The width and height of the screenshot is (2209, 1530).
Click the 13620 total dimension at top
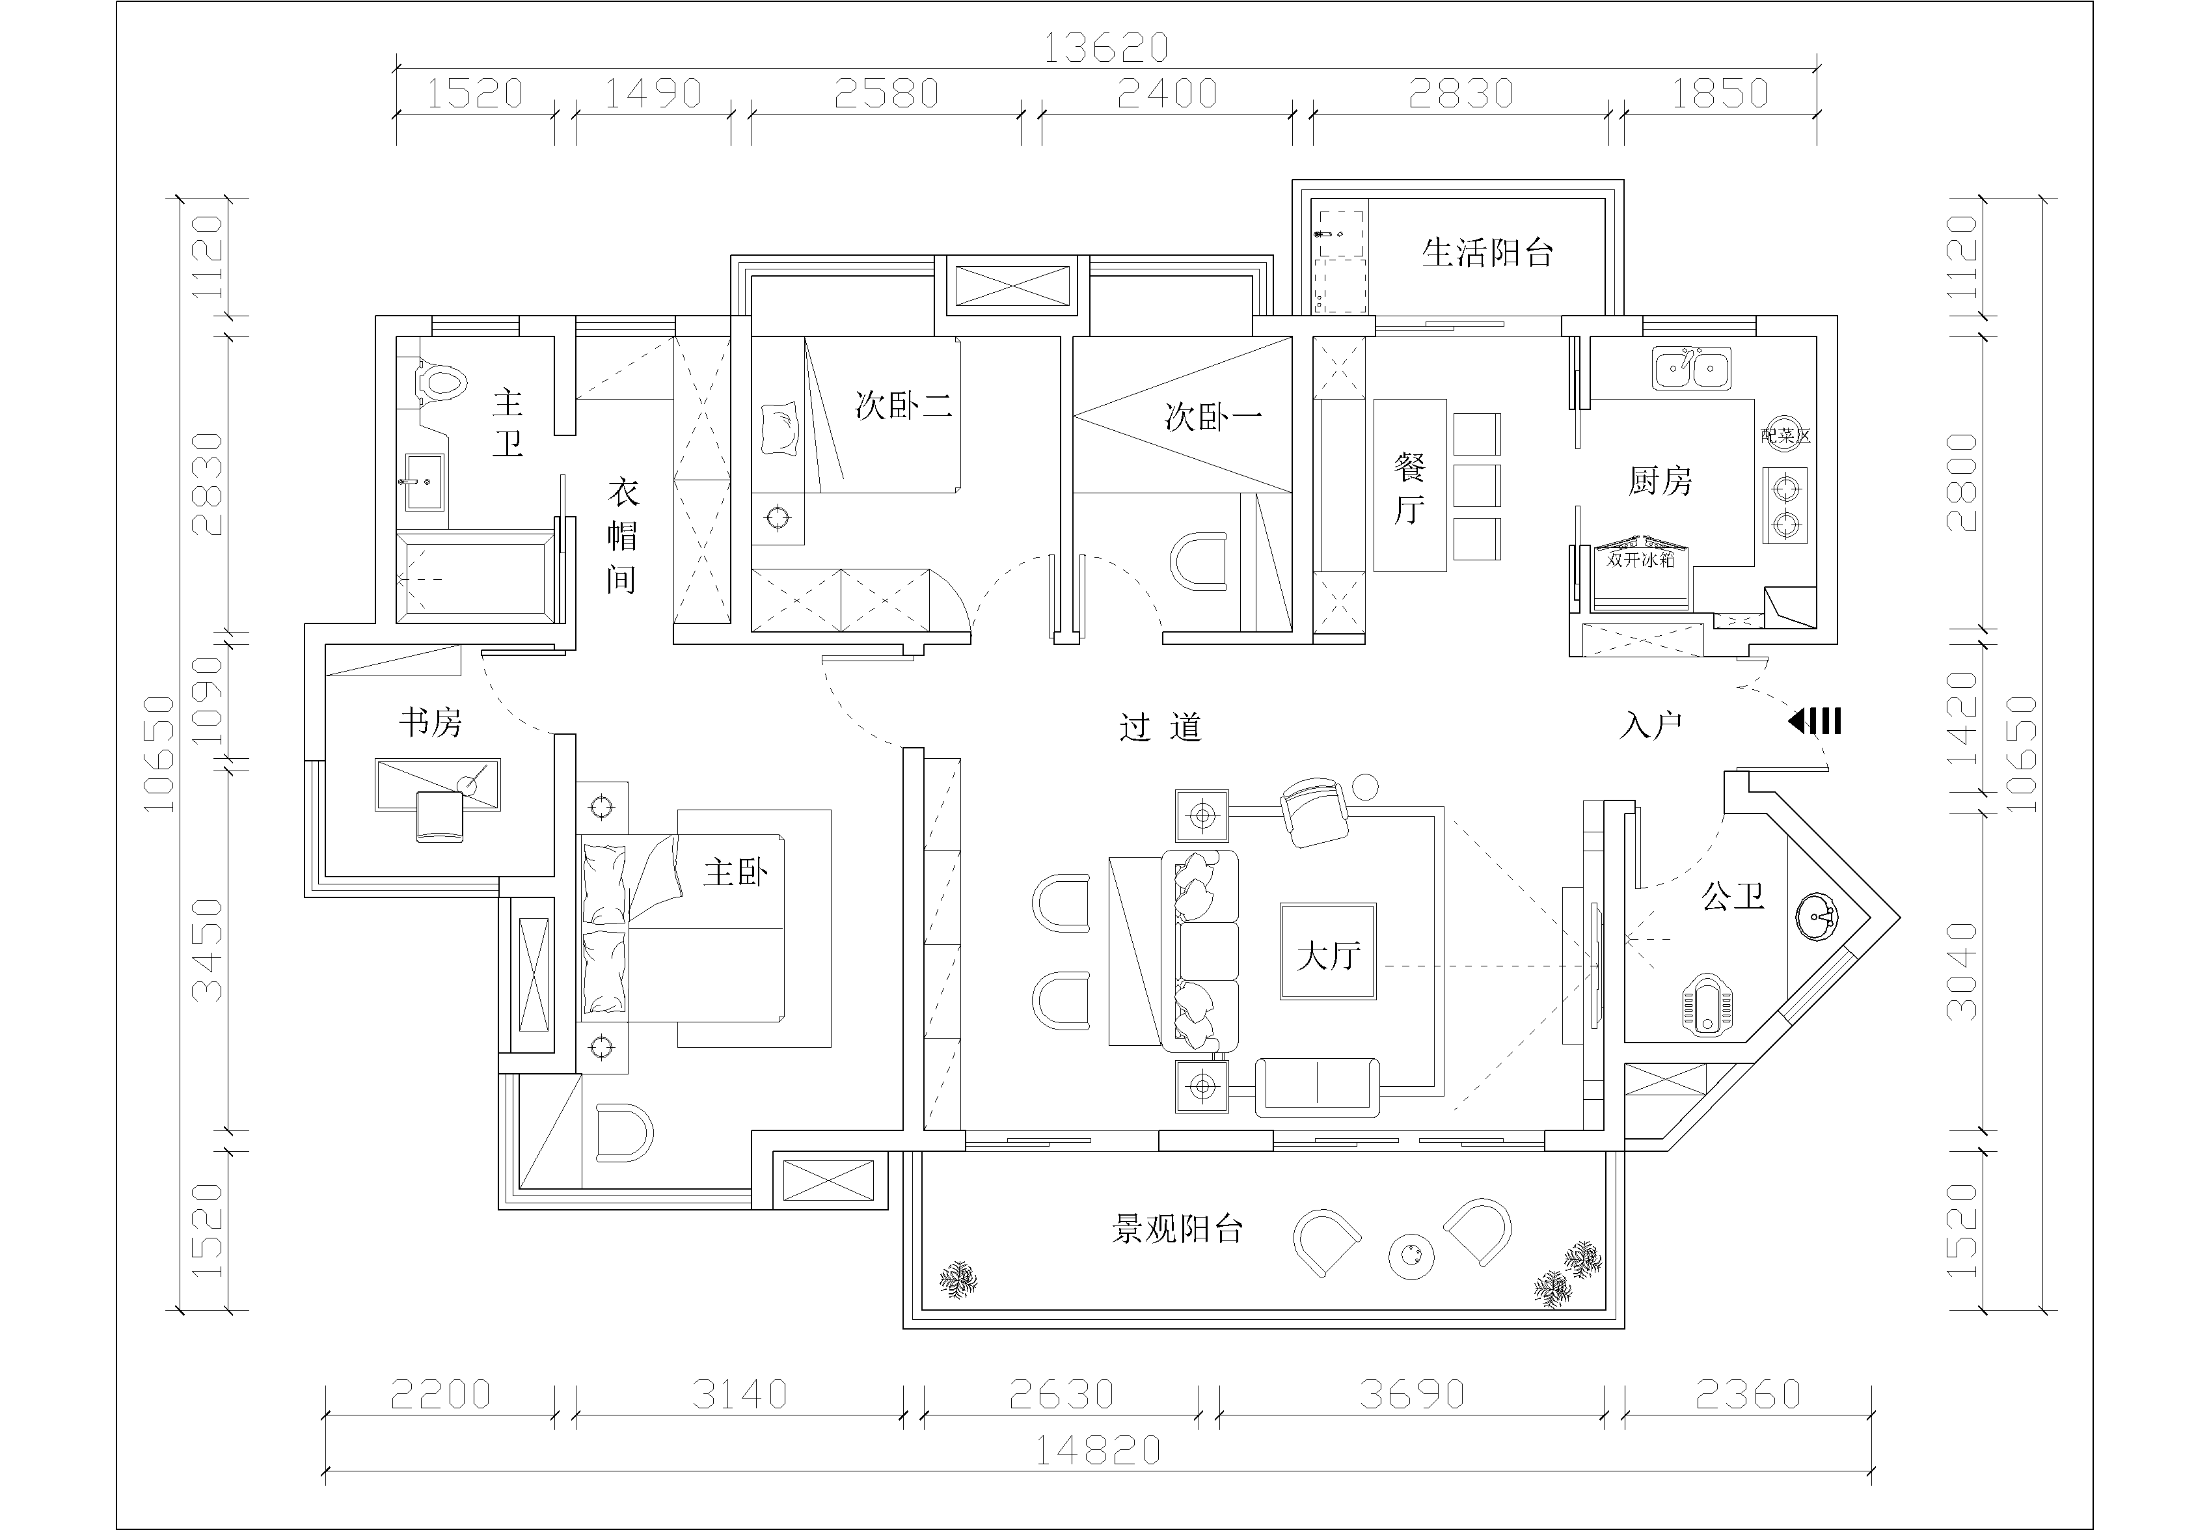click(x=1106, y=48)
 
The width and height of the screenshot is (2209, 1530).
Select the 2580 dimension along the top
click(x=886, y=93)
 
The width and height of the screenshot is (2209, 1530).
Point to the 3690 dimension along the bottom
click(x=1412, y=1394)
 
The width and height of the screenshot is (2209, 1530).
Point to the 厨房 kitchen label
click(x=1661, y=480)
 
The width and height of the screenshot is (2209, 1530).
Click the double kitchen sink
click(x=1692, y=368)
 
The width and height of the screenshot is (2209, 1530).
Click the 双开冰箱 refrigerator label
click(x=1641, y=560)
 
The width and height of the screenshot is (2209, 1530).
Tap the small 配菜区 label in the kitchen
click(x=1785, y=436)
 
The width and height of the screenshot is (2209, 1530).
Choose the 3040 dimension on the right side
click(x=1962, y=970)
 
